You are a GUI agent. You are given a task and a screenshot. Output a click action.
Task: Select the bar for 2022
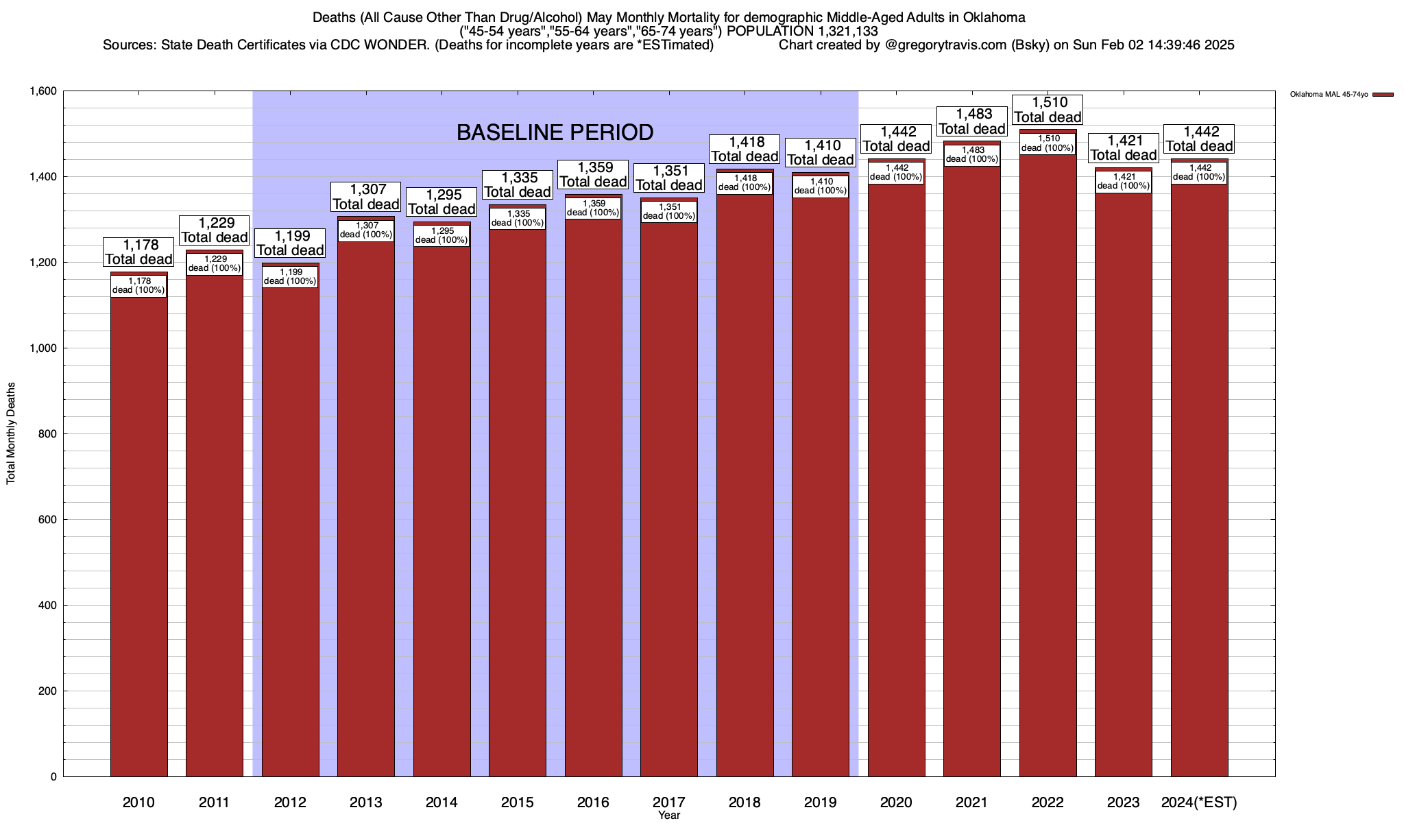(1048, 466)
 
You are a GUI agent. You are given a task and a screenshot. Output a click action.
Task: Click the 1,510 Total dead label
(1048, 110)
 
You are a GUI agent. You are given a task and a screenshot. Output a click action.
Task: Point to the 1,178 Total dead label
(138, 252)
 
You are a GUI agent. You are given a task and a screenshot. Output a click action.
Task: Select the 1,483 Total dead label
(972, 121)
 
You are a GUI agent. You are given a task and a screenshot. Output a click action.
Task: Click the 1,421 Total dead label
(1124, 148)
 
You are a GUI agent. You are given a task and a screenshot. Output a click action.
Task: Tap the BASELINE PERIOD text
(555, 132)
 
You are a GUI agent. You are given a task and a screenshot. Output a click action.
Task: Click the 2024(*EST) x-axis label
(1199, 802)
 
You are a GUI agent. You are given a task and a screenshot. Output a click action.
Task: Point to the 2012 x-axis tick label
(290, 802)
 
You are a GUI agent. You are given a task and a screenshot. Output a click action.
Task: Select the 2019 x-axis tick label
(820, 802)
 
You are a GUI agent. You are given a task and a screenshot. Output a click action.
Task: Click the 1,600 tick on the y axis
(43, 91)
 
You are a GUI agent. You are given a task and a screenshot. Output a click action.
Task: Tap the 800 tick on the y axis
(48, 434)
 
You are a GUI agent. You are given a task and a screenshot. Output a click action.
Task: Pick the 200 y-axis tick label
(48, 691)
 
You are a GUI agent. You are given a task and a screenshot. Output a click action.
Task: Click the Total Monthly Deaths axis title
(11, 433)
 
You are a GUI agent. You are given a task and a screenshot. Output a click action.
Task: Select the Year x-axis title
(669, 815)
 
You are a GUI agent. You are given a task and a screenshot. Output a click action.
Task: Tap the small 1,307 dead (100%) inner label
(366, 230)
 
